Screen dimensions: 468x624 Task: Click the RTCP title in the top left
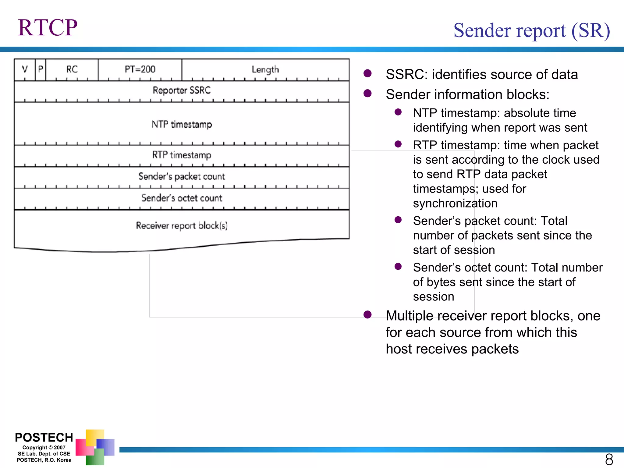pos(48,28)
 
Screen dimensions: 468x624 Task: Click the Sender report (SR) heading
pos(531,30)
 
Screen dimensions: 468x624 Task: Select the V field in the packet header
pos(25,69)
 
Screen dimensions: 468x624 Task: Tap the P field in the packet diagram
pos(41,69)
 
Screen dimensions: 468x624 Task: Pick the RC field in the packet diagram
pos(72,69)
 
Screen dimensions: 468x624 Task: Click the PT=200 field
pos(140,69)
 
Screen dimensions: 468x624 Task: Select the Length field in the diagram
pos(265,69)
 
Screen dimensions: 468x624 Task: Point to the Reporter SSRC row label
pos(182,90)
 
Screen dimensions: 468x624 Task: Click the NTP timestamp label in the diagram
pos(182,124)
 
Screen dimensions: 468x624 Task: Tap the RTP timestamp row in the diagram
pos(182,155)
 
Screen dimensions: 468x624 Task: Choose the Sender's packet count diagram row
pos(182,177)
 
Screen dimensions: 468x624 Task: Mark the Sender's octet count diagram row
pos(182,198)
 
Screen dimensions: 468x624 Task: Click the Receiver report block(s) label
pos(182,226)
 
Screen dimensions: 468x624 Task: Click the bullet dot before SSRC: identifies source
pos(367,73)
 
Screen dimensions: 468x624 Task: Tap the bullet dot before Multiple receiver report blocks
pos(367,314)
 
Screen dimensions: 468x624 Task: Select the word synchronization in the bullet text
pos(455,204)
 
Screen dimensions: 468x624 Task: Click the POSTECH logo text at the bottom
pos(44,438)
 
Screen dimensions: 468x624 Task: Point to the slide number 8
pos(609,459)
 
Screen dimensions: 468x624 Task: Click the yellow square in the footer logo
pos(94,437)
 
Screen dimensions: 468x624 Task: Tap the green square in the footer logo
pos(95,457)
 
